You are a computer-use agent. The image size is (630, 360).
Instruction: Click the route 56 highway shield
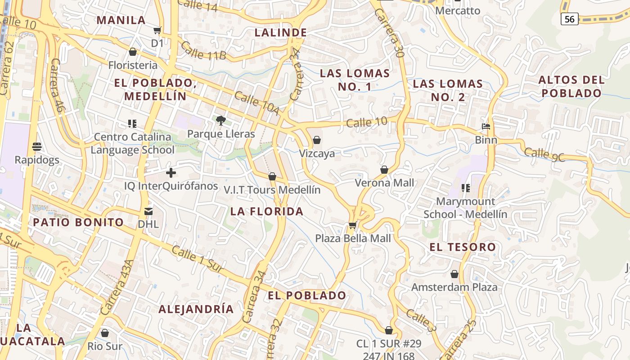pyautogui.click(x=569, y=19)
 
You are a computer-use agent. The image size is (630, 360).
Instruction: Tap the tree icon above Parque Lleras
pyautogui.click(x=220, y=120)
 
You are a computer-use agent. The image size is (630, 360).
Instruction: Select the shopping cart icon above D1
pyautogui.click(x=157, y=30)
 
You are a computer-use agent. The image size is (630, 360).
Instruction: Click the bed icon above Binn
pyautogui.click(x=486, y=126)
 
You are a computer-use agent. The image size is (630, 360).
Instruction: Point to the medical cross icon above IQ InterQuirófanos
pyautogui.click(x=171, y=172)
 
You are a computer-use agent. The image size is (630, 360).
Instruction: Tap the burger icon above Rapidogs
pyautogui.click(x=37, y=146)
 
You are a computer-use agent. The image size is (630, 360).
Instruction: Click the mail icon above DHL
pyautogui.click(x=148, y=211)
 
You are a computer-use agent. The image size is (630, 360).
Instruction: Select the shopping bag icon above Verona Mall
pyautogui.click(x=384, y=170)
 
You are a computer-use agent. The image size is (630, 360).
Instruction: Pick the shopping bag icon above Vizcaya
pyautogui.click(x=317, y=140)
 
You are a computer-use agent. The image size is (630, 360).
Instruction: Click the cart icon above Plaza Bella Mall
pyautogui.click(x=353, y=225)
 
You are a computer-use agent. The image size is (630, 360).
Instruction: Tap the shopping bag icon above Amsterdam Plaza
pyautogui.click(x=454, y=274)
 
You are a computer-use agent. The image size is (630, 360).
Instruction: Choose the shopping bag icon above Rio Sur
pyautogui.click(x=105, y=333)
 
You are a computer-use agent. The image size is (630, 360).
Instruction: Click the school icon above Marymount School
pyautogui.click(x=465, y=188)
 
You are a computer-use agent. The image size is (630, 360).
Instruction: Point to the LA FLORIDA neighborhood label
pyautogui.click(x=267, y=211)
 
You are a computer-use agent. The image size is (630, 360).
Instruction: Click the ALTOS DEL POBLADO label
pyautogui.click(x=571, y=86)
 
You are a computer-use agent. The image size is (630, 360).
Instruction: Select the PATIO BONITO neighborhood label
pyautogui.click(x=78, y=222)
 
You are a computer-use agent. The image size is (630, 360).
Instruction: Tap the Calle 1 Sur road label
pyautogui.click(x=198, y=259)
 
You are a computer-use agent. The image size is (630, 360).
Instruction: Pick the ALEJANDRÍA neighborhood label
pyautogui.click(x=196, y=309)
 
